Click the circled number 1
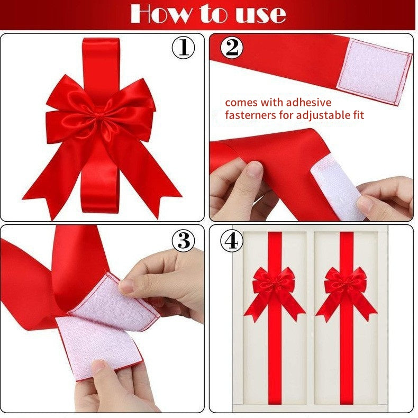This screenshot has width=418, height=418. tap(183, 48)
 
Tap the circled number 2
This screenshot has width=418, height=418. tap(232, 48)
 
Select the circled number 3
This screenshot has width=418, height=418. tap(183, 240)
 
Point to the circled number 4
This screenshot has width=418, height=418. tap(232, 240)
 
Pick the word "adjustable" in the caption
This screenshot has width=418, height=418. tap(320, 115)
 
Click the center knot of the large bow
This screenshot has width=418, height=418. tap(98, 115)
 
